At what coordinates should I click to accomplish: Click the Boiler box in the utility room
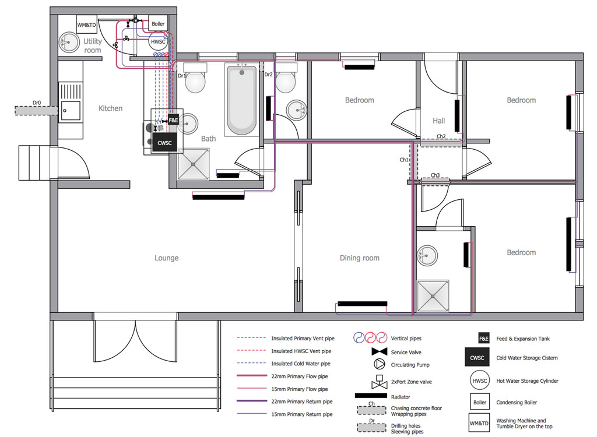click(158, 24)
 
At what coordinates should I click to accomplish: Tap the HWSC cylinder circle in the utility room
click(157, 41)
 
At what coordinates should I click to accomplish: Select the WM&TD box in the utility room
click(87, 24)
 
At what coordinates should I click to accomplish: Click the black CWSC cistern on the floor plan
click(164, 143)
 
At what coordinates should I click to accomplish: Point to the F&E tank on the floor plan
click(173, 120)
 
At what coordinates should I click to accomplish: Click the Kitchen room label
click(110, 108)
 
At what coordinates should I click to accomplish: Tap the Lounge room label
click(166, 258)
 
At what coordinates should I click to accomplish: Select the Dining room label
click(359, 258)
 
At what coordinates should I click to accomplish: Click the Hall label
click(438, 121)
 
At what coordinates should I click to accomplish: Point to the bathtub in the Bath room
click(242, 100)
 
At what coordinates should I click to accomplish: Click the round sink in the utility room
click(69, 42)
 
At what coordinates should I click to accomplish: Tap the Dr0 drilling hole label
click(37, 103)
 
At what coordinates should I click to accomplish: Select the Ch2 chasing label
click(441, 136)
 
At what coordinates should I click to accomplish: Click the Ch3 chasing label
click(435, 175)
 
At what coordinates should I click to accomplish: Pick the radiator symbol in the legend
click(371, 396)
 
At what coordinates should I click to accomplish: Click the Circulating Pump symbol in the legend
click(379, 364)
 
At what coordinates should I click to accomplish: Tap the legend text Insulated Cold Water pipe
click(301, 364)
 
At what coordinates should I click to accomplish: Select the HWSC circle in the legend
click(480, 380)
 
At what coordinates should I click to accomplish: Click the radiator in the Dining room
click(363, 304)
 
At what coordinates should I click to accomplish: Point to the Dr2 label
click(268, 75)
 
